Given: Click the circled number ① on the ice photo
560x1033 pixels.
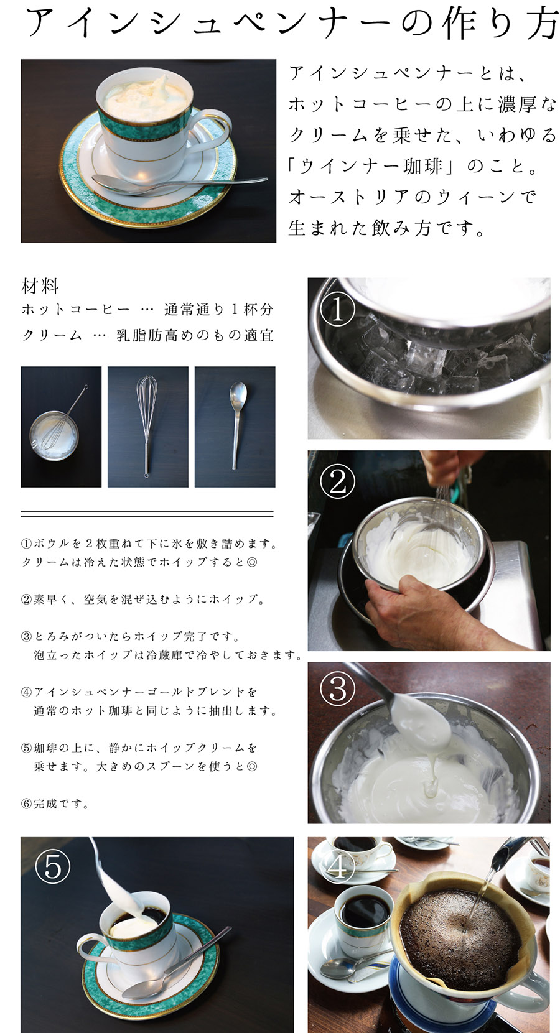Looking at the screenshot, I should click(337, 310).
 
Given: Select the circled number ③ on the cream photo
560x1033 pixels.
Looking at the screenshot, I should click(337, 689).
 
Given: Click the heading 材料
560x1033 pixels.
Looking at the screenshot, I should click(40, 287).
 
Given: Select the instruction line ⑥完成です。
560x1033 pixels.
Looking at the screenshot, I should click(56, 804).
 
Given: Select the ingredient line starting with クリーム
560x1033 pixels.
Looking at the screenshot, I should click(147, 336).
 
